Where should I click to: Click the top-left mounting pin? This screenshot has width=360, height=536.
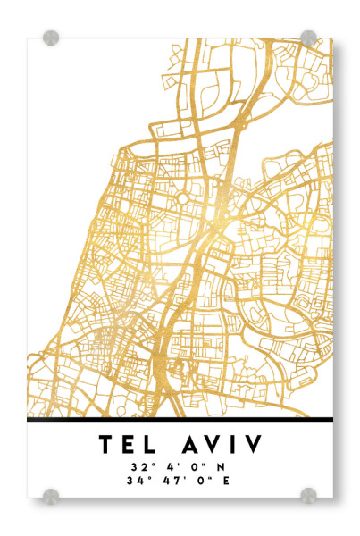pyautogui.click(x=51, y=38)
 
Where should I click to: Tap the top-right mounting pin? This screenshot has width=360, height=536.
pyautogui.click(x=308, y=38)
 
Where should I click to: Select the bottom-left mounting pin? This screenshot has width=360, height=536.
pyautogui.click(x=51, y=495)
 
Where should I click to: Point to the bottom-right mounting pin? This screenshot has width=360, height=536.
pyautogui.click(x=308, y=495)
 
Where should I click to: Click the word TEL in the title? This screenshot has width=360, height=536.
pyautogui.click(x=131, y=443)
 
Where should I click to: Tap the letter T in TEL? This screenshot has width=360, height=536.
pyautogui.click(x=106, y=443)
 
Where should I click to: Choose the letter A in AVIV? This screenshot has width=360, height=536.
pyautogui.click(x=190, y=443)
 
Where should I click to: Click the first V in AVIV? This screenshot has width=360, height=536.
pyautogui.click(x=215, y=443)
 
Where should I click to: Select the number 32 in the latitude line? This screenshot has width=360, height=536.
pyautogui.click(x=137, y=465)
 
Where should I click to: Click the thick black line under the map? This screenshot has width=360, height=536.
pyautogui.click(x=180, y=418)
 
